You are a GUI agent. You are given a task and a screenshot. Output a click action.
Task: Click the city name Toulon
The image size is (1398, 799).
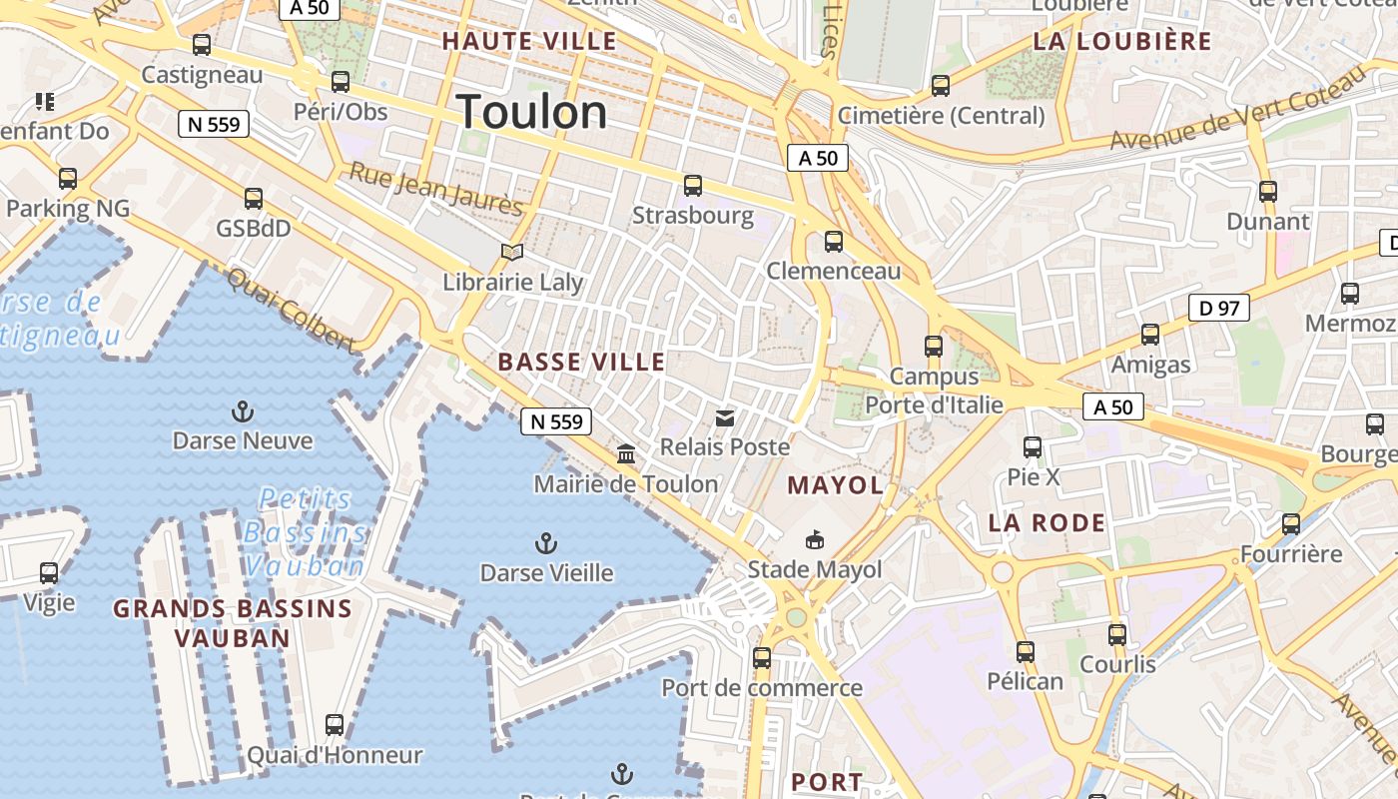click(531, 112)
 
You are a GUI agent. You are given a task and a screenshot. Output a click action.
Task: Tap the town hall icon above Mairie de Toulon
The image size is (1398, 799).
click(626, 454)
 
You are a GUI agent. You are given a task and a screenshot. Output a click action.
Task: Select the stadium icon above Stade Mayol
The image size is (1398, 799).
click(815, 540)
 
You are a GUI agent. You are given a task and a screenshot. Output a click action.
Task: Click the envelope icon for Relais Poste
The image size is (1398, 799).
click(725, 417)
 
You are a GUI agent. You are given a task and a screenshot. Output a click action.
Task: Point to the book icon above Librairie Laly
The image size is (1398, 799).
click(512, 253)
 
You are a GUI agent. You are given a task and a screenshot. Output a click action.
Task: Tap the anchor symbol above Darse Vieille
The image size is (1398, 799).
click(545, 543)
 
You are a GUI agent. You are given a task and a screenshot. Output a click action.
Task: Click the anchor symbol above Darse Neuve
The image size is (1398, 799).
click(242, 410)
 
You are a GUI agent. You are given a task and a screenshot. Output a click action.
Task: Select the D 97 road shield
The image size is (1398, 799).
click(1219, 308)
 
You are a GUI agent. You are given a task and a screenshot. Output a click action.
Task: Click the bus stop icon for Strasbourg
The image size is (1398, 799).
click(693, 186)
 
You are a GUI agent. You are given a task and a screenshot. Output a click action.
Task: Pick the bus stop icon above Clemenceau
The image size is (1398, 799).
click(834, 242)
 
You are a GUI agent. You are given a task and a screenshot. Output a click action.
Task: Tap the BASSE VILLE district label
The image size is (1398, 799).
click(581, 362)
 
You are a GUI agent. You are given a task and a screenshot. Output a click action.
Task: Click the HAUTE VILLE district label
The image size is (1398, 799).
click(529, 41)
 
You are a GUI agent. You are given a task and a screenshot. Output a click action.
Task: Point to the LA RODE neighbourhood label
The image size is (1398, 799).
click(1047, 522)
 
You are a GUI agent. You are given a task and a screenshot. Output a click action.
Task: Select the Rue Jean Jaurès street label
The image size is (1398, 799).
click(435, 189)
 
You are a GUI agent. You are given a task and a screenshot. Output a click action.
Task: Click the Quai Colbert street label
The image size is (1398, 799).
click(291, 311)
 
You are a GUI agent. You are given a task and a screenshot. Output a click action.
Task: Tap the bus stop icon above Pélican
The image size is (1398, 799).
click(1025, 652)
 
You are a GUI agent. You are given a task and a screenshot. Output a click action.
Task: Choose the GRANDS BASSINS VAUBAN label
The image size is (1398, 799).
click(233, 623)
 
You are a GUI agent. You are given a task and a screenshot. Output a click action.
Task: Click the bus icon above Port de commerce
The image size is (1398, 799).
click(762, 658)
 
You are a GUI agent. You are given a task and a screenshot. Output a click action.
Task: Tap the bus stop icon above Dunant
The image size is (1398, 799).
click(1268, 192)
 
